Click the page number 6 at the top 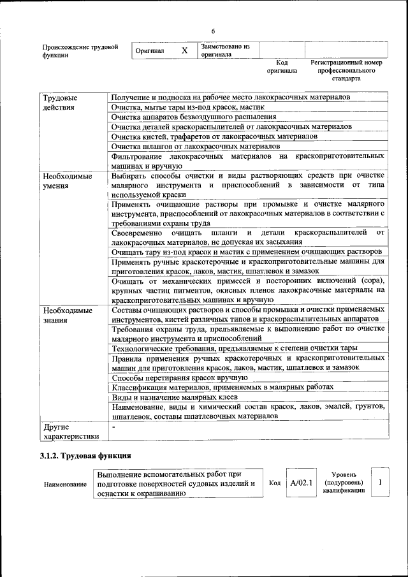click(x=214, y=32)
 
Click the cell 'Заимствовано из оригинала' click(x=225, y=50)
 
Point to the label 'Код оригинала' click(x=282, y=67)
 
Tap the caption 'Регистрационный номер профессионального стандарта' click(x=346, y=71)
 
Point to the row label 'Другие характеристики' click(x=70, y=432)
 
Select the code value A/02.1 click(x=300, y=483)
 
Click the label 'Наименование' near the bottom click(x=65, y=485)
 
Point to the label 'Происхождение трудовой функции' click(x=80, y=51)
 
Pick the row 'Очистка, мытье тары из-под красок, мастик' click(x=189, y=107)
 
